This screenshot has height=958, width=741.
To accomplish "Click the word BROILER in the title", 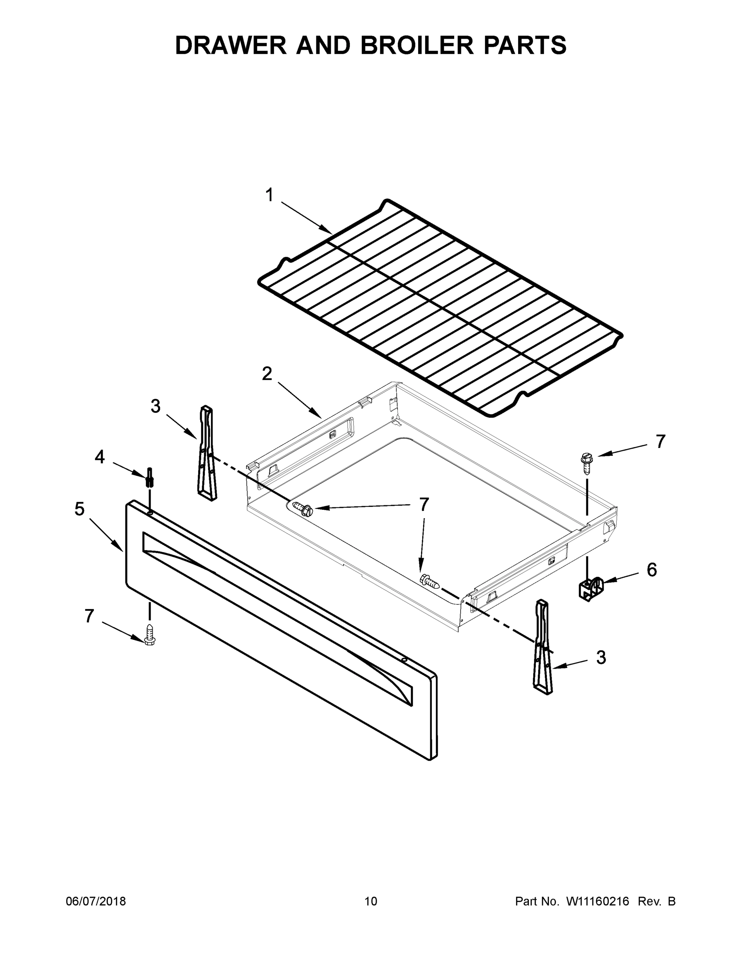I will click(417, 45).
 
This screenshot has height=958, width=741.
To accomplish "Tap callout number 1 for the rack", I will click(270, 195).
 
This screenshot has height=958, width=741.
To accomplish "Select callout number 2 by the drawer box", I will click(267, 374).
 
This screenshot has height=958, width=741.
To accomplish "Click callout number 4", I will click(100, 457).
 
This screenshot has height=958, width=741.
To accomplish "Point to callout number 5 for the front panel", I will click(79, 509).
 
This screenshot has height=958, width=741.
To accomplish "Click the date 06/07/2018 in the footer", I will click(96, 901).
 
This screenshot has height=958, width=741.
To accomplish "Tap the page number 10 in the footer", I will click(371, 901).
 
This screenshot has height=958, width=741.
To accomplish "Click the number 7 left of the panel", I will click(89, 616).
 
